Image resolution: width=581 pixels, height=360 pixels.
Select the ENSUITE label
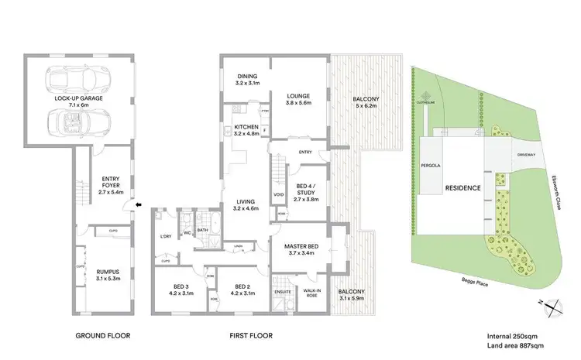283,291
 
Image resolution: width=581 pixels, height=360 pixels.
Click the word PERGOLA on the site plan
431,166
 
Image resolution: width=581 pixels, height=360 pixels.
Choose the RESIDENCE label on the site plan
462,188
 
